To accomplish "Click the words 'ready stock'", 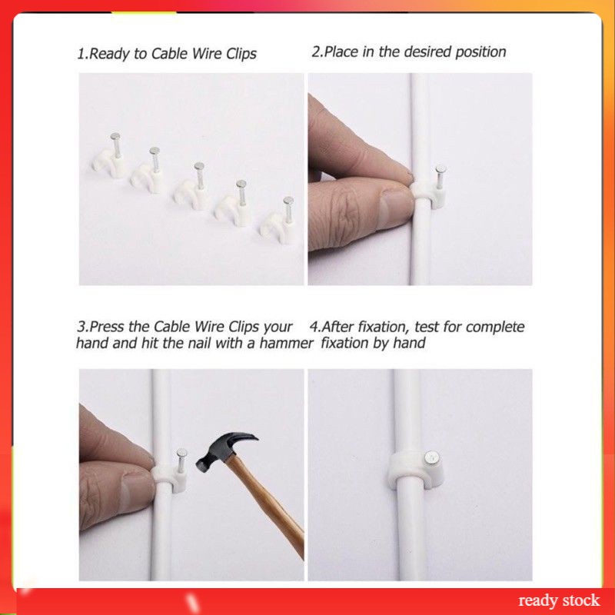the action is [559, 600].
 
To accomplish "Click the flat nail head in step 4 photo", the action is [431, 457].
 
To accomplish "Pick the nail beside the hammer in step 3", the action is [181, 460].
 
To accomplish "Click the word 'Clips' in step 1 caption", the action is [241, 54].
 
